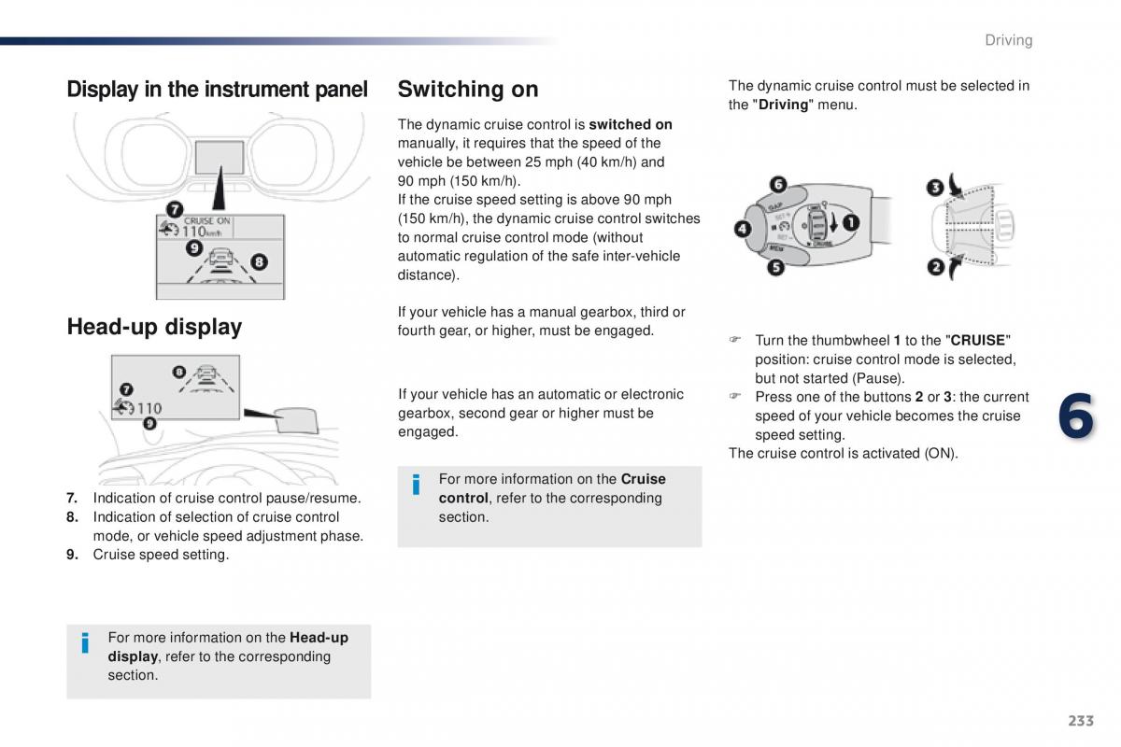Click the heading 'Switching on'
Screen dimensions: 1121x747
point(468,90)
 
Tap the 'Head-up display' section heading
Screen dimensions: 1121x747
point(155,327)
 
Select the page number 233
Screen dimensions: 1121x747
point(1081,721)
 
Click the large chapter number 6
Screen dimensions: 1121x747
point(1076,416)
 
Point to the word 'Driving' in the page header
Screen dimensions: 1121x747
point(1008,40)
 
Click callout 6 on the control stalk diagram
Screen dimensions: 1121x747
point(778,185)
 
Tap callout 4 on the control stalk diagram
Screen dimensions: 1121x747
point(743,229)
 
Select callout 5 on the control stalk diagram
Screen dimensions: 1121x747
point(775,268)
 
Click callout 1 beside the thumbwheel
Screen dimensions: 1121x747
point(851,222)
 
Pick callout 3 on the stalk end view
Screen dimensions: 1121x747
point(935,188)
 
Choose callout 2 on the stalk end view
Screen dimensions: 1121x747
point(935,267)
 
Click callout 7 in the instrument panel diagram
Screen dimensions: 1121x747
point(175,209)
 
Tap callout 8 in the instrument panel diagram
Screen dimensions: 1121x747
point(260,261)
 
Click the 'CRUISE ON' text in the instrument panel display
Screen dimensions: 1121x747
point(206,220)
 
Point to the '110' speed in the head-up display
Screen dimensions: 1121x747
point(149,409)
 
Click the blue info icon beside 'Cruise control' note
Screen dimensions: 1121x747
point(416,485)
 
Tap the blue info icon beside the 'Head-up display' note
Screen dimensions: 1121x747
point(85,643)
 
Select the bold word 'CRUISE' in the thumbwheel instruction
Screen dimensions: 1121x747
point(977,341)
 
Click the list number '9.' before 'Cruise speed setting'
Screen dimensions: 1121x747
point(73,555)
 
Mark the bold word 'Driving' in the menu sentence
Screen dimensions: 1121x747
point(783,106)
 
